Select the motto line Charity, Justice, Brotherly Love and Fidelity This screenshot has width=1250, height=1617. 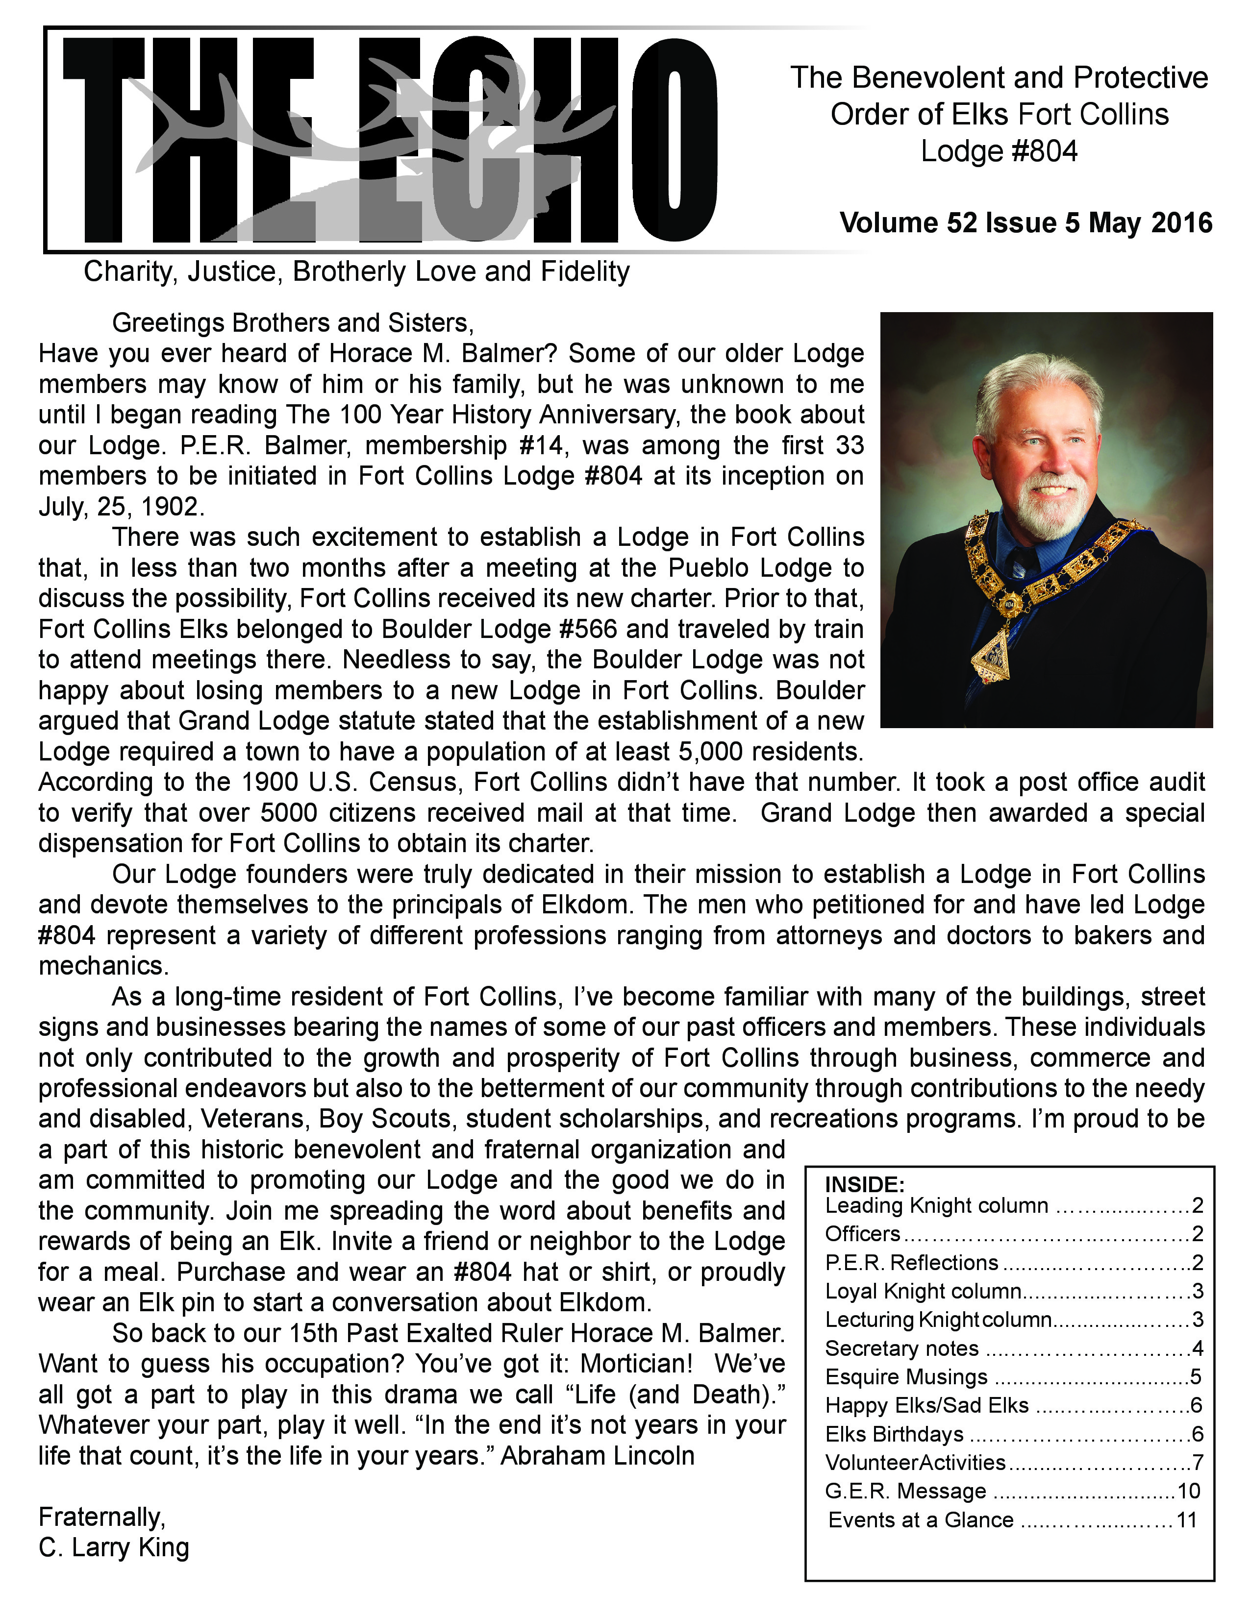point(356,272)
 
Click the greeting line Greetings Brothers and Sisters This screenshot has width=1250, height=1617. point(293,323)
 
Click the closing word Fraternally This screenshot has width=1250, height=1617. point(102,1517)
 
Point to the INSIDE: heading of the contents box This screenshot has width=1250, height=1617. point(865,1184)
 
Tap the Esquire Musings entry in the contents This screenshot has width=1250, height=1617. point(906,1377)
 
